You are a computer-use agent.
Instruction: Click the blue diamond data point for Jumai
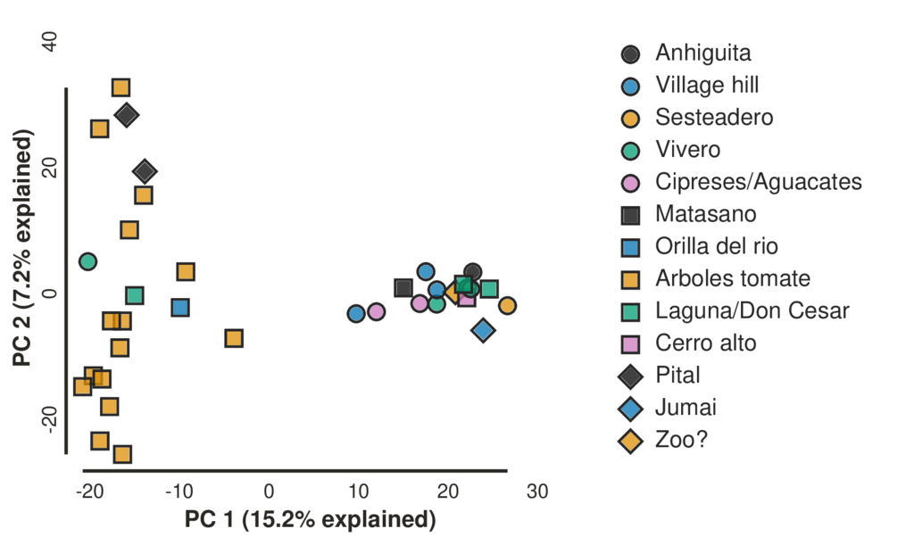pos(484,330)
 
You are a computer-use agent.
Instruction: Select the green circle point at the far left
pos(87,261)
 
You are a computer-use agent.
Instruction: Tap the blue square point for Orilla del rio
pos(180,307)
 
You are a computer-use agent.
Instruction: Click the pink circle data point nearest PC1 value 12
pos(376,311)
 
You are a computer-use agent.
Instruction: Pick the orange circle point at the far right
pos(507,306)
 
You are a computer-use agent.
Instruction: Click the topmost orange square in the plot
pos(121,87)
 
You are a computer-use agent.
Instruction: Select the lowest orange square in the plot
pos(122,454)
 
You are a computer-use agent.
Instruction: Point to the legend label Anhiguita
pos(702,53)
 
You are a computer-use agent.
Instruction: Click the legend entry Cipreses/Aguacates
pos(758,182)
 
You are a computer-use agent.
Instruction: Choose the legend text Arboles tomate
pos(732,278)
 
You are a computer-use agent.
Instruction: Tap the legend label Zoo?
pos(681,440)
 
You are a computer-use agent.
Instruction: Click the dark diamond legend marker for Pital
pos(631,376)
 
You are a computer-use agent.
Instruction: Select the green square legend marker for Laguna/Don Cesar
pos(631,311)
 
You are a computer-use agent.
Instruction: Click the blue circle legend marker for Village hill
pos(631,86)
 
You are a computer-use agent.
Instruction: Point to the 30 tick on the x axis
pos(536,492)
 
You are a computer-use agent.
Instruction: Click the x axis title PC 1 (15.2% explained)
pos(310,519)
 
